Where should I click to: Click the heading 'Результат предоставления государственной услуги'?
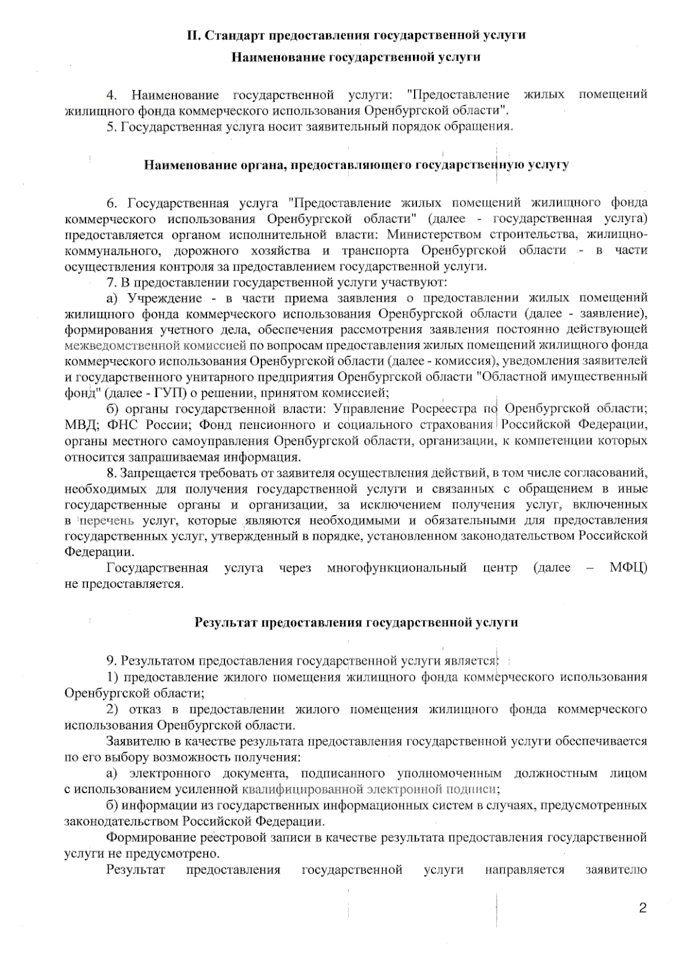[x=356, y=623]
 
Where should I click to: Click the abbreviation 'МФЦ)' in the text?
[x=628, y=568]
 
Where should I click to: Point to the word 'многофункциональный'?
[x=397, y=568]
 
